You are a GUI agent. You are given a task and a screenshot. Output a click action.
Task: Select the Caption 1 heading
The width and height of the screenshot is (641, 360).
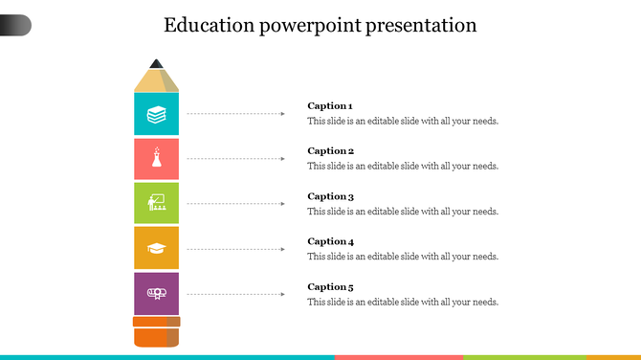tap(330, 105)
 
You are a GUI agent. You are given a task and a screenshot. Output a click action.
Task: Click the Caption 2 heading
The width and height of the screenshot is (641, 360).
tap(330, 150)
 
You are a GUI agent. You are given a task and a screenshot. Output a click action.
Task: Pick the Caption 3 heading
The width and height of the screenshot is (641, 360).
tap(330, 196)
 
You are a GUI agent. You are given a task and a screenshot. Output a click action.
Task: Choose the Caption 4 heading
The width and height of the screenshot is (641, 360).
tap(330, 241)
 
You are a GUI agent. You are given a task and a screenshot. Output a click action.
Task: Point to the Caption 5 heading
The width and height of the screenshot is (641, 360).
tap(330, 286)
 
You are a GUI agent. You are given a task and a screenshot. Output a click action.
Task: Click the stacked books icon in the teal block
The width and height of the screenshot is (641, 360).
tap(156, 115)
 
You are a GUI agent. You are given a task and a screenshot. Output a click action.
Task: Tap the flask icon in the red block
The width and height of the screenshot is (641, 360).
tap(156, 160)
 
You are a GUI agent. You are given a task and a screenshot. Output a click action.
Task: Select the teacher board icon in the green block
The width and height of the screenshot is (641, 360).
tap(156, 203)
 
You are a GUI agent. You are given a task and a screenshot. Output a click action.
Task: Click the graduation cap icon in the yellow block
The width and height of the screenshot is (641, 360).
tap(156, 249)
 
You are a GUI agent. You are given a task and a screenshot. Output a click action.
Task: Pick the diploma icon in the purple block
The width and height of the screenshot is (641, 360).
tap(156, 293)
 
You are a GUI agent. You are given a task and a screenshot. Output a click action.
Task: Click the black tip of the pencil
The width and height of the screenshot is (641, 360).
tap(156, 64)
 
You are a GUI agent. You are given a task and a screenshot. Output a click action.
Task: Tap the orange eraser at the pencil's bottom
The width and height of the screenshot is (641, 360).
tap(156, 336)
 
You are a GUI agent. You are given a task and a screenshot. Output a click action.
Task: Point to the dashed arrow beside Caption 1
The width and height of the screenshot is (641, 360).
tap(235, 114)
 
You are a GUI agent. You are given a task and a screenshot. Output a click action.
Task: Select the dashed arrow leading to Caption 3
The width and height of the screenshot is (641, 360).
tap(235, 204)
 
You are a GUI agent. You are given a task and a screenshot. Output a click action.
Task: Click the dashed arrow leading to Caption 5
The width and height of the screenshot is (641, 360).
tap(235, 294)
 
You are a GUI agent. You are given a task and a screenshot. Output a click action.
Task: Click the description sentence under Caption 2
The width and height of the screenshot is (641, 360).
tap(402, 167)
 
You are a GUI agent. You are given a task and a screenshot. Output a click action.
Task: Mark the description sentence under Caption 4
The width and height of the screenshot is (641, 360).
tap(402, 257)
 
